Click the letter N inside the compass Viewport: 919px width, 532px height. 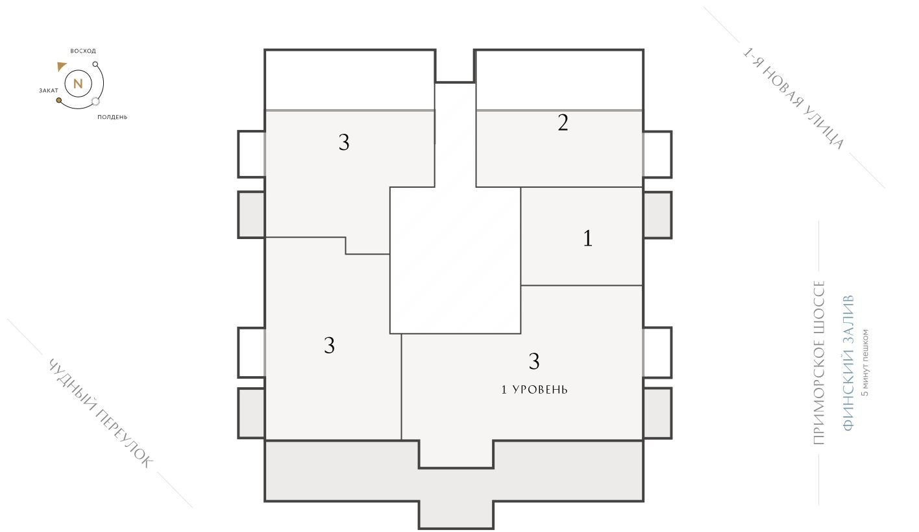pyautogui.click(x=78, y=83)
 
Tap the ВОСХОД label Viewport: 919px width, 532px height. pyautogui.click(x=83, y=51)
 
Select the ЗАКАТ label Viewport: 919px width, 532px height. pyautogui.click(x=49, y=91)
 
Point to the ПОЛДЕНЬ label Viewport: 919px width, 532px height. pyautogui.click(x=112, y=117)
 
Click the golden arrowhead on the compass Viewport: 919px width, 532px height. pyautogui.click(x=62, y=66)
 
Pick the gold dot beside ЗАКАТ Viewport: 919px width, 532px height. pyautogui.click(x=59, y=101)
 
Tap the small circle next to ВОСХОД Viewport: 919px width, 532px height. pyautogui.click(x=95, y=64)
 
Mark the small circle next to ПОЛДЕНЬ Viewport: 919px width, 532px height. pyautogui.click(x=96, y=101)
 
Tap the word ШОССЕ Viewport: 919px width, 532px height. pyautogui.click(x=818, y=301)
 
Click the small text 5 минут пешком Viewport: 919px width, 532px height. pyautogui.click(x=864, y=362)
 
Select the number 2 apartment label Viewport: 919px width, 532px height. pyautogui.click(x=563, y=123)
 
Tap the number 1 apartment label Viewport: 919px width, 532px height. pyautogui.click(x=587, y=238)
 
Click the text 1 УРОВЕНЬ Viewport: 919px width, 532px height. pyautogui.click(x=534, y=390)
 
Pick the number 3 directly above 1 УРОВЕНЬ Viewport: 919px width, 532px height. pyautogui.click(x=534, y=361)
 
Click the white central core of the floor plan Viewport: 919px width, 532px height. pyautogui.click(x=455, y=260)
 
